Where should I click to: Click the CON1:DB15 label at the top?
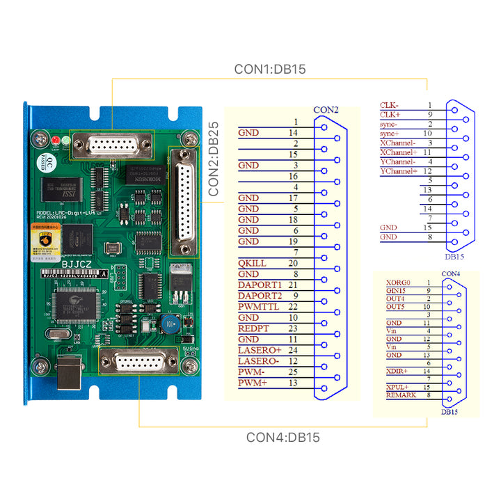tap(270, 69)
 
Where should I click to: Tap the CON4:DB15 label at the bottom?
tap(283, 438)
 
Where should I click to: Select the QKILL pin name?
tap(252, 263)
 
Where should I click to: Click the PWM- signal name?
tap(250, 372)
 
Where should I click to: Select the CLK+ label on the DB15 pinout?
tap(390, 114)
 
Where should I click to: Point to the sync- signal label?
tap(389, 124)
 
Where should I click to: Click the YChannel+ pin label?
tap(399, 171)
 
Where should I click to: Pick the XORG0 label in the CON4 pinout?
tap(398, 283)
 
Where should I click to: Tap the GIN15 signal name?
tap(396, 291)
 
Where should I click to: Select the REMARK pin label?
tap(401, 395)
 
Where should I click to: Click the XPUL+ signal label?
tap(397, 387)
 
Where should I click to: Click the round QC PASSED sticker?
tap(43, 164)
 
